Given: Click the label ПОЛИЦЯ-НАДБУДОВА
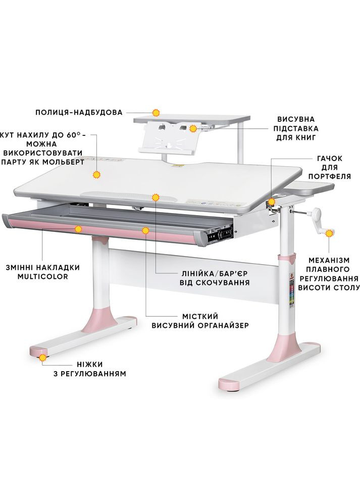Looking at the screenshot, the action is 79,113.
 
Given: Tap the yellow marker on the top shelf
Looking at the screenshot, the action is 156,113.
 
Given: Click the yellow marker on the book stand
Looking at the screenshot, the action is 192,128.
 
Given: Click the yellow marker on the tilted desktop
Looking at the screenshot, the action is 96,175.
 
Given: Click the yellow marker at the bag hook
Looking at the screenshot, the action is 272,202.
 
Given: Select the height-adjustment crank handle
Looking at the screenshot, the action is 316,221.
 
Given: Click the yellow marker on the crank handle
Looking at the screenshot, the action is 329,233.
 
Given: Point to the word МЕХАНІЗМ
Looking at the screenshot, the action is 329,261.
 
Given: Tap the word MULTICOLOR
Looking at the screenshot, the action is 43,277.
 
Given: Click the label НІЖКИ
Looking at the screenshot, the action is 90,365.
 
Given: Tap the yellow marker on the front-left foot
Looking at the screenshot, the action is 43,358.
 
